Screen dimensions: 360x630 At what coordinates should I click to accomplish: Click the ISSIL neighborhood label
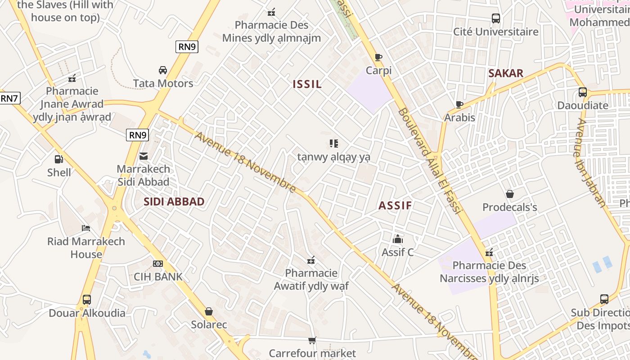pyautogui.click(x=307, y=84)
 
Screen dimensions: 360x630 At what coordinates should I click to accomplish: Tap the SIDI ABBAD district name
pyautogui.click(x=174, y=202)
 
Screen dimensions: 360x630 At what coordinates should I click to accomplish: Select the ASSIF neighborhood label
pyautogui.click(x=395, y=206)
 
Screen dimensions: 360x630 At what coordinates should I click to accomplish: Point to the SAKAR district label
pyautogui.click(x=506, y=73)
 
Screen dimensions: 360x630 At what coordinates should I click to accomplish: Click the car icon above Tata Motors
pyautogui.click(x=163, y=70)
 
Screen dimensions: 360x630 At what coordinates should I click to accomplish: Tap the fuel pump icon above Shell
pyautogui.click(x=58, y=159)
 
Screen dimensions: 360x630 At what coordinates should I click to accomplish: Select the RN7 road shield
pyautogui.click(x=9, y=98)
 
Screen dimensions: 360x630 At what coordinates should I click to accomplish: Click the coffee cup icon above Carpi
pyautogui.click(x=378, y=57)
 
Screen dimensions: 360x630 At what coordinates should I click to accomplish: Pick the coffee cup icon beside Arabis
pyautogui.click(x=459, y=104)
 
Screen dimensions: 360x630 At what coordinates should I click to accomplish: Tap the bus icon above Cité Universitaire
pyautogui.click(x=496, y=18)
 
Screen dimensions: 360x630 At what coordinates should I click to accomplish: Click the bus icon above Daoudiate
pyautogui.click(x=583, y=92)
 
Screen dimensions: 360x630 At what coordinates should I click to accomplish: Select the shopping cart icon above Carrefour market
pyautogui.click(x=312, y=340)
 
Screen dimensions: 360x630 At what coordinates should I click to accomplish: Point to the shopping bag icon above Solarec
pyautogui.click(x=209, y=311)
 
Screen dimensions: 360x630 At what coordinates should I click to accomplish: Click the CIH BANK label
pyautogui.click(x=158, y=277)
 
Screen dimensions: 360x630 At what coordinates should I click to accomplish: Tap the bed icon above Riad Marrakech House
pyautogui.click(x=86, y=228)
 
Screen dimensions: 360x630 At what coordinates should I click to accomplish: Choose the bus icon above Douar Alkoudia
pyautogui.click(x=87, y=300)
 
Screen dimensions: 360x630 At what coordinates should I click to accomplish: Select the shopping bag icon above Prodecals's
pyautogui.click(x=510, y=194)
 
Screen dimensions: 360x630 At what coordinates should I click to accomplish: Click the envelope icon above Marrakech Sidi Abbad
pyautogui.click(x=144, y=156)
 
